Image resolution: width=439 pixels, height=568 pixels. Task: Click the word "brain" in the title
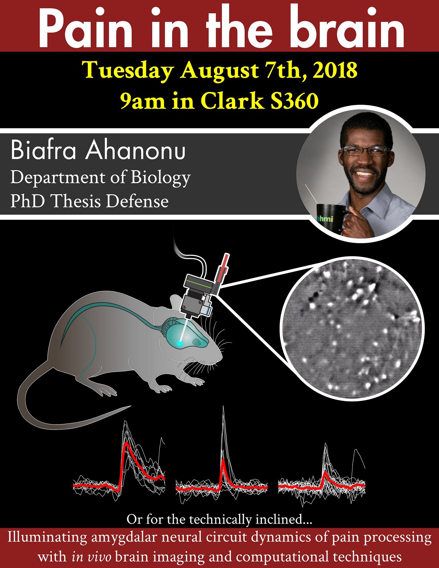tap(347, 28)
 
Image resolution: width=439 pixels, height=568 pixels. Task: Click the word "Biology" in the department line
tap(161, 178)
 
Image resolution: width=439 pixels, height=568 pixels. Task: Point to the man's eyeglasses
tap(366, 151)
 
